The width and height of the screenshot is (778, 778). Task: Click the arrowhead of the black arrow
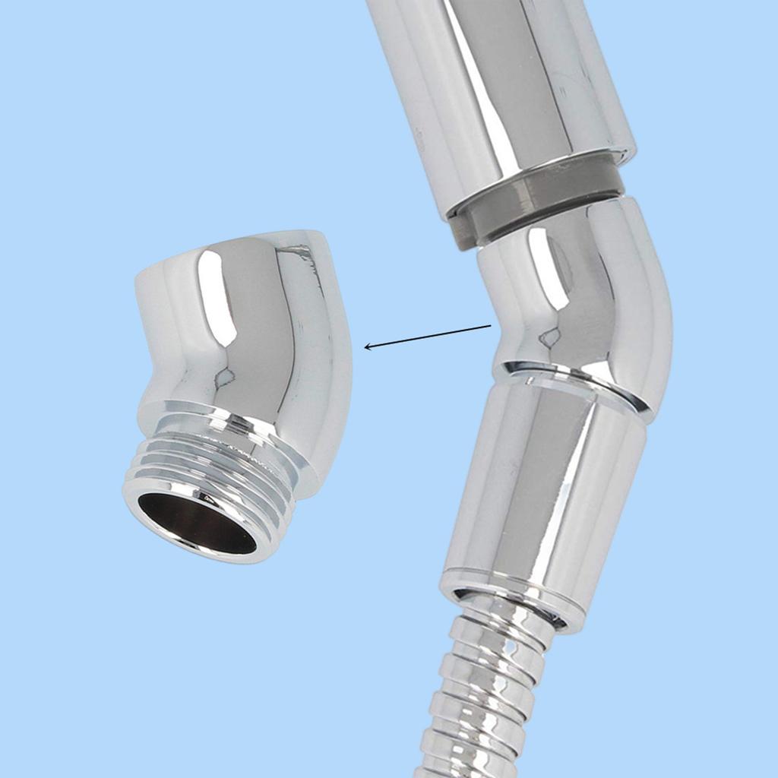tap(367, 346)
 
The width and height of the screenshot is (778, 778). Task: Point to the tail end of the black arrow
tap(490, 326)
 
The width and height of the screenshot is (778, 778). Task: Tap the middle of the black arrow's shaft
tap(429, 337)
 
